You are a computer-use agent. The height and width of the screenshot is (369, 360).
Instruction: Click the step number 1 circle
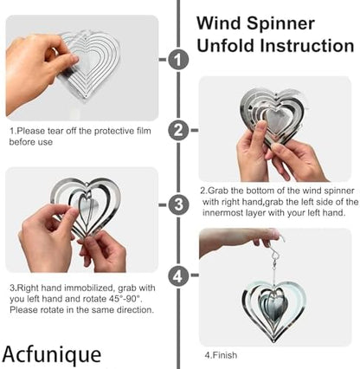pos(178,60)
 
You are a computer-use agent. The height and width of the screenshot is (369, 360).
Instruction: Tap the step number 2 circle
pos(178,130)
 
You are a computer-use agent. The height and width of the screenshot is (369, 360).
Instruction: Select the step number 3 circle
pos(178,204)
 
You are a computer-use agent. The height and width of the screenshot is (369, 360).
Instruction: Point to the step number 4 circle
pos(178,276)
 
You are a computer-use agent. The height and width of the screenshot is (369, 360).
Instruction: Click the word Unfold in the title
pos(226,45)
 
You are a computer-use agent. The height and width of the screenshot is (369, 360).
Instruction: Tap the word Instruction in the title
pos(307,46)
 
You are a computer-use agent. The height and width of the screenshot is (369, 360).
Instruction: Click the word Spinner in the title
pos(280,24)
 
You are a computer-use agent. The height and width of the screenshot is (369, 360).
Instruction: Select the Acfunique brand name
pos(52,354)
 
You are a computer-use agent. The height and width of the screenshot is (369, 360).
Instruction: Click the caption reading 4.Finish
pos(221,355)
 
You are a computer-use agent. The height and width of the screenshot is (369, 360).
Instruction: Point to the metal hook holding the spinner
pos(273,252)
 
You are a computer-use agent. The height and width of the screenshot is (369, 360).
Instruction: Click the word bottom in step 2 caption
pos(260,191)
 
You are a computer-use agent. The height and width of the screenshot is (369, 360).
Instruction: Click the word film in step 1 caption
pos(144,131)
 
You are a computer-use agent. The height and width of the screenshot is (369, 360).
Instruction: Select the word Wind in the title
pos(219,23)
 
